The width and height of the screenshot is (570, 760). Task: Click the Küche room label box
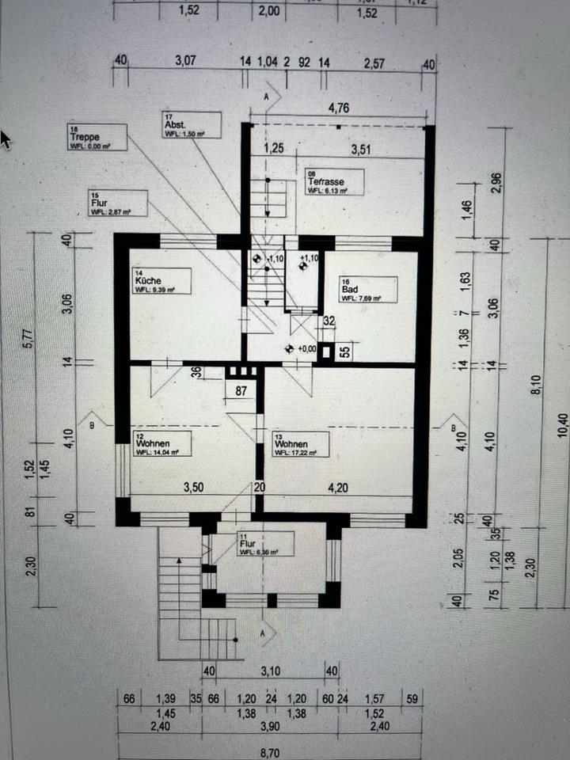coord(162,281)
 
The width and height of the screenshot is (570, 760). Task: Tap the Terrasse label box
coord(334,182)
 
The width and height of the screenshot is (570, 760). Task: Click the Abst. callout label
coord(192,125)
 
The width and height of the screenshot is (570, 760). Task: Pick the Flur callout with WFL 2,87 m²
coord(118,203)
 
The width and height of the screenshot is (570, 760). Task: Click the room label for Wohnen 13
coord(300,445)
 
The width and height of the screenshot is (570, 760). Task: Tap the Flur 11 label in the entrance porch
coord(264,544)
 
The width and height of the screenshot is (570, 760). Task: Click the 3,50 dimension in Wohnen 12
coord(194,487)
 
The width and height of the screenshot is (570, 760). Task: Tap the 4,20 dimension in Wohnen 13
coord(338,487)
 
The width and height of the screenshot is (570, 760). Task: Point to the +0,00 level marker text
coord(305,348)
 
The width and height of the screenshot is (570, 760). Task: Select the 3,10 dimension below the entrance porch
coord(272,671)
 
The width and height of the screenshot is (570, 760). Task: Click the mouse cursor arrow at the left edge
coord(6,140)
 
